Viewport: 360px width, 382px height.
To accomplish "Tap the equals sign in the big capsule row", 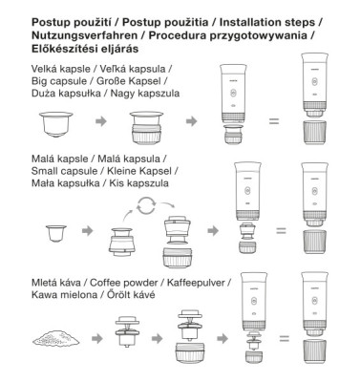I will [272, 121].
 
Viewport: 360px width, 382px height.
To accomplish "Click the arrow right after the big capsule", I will [99, 122].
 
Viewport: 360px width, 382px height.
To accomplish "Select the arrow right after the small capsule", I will [88, 232].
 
